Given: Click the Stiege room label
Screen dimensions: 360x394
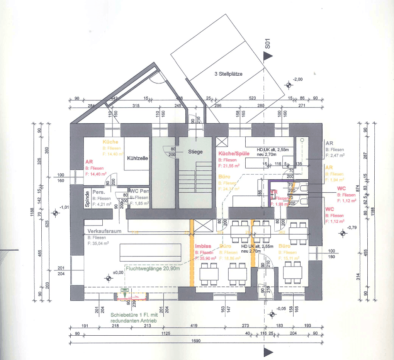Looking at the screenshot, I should pyautogui.click(x=195, y=152).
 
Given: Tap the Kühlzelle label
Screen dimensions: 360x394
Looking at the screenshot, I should pyautogui.click(x=138, y=158).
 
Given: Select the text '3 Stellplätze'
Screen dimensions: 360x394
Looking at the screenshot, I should pyautogui.click(x=229, y=74).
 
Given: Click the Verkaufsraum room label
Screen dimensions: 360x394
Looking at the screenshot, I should pyautogui.click(x=105, y=231).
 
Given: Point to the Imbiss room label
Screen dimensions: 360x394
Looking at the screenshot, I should pyautogui.click(x=202, y=246).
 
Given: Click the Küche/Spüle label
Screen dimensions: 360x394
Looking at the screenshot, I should pyautogui.click(x=234, y=153).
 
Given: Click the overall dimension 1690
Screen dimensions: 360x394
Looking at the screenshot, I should pyautogui.click(x=197, y=341).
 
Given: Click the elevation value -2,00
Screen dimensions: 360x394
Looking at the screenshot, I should pyautogui.click(x=298, y=79).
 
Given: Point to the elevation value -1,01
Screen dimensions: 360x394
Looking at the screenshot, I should pyautogui.click(x=64, y=207).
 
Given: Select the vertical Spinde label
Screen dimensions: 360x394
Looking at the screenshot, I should pyautogui.click(x=88, y=199).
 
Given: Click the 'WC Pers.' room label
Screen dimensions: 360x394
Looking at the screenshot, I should pyautogui.click(x=139, y=191).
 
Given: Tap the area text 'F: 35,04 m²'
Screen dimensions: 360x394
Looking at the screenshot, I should pyautogui.click(x=98, y=244).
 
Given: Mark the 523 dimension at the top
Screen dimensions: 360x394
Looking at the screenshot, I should pyautogui.click(x=252, y=98).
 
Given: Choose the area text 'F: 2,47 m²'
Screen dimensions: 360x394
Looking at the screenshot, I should pyautogui.click(x=335, y=155).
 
